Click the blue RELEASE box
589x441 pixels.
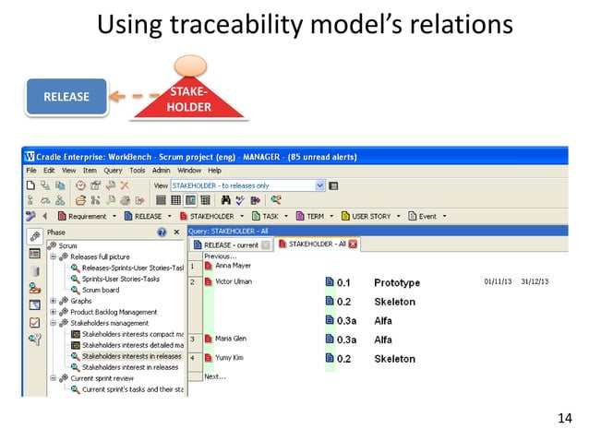(66, 97)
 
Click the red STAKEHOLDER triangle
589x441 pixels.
(188, 101)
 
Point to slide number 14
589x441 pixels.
(565, 421)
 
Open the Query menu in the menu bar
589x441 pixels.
(113, 171)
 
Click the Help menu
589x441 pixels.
(214, 171)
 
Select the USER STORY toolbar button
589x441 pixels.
(372, 217)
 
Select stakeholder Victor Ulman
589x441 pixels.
(234, 281)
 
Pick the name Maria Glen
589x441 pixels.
(231, 340)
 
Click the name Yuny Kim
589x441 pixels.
(229, 358)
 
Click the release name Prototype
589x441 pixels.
(396, 282)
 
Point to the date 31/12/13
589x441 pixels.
(535, 281)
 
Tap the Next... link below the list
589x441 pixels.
(214, 376)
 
